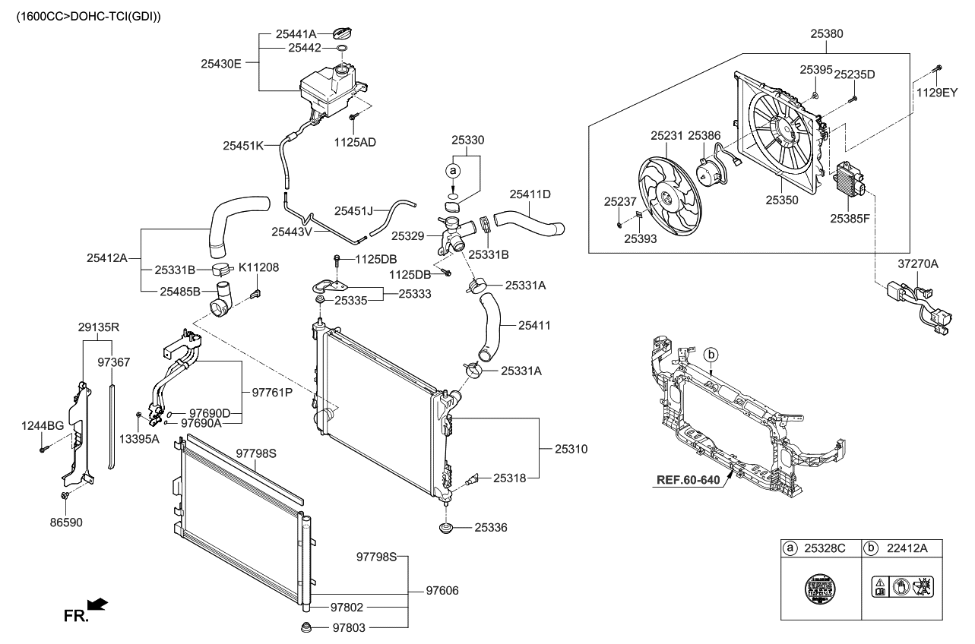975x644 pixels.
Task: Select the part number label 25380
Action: coord(826,33)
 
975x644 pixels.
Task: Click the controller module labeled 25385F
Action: coord(850,181)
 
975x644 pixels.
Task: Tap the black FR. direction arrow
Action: coord(97,605)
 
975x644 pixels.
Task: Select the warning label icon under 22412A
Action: coord(901,586)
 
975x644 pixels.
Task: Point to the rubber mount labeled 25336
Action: coord(445,527)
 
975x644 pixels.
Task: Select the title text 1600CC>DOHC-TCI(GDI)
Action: coord(83,15)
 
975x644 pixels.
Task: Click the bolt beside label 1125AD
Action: coord(353,118)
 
